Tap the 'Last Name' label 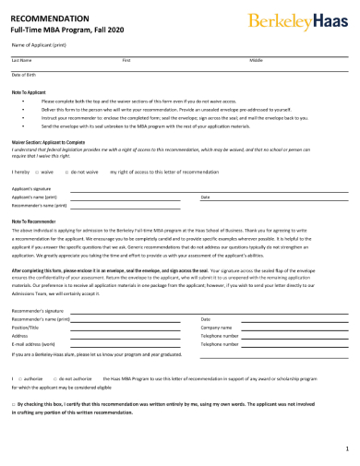click(20, 59)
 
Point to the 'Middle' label click(256, 59)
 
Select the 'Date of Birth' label click(24, 74)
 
